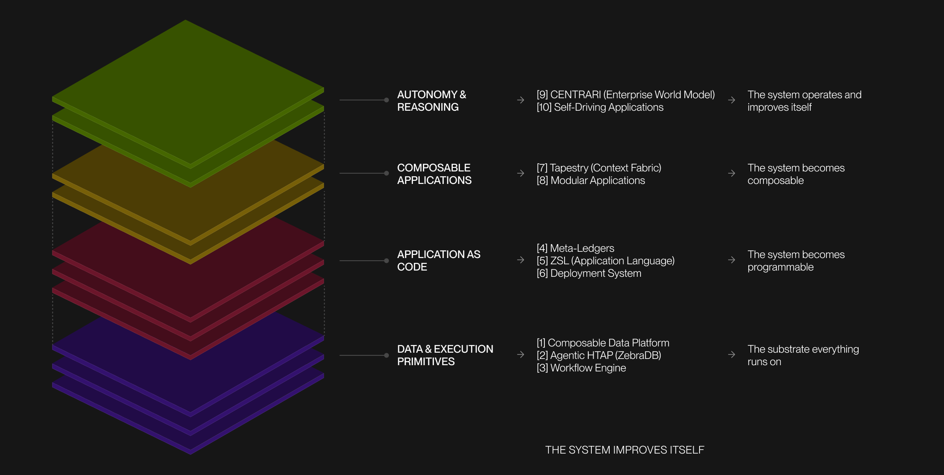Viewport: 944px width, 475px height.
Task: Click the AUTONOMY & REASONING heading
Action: coord(431,101)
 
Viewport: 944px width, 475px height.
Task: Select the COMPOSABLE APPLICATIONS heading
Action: coord(434,174)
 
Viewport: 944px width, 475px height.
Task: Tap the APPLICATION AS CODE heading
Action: coord(438,261)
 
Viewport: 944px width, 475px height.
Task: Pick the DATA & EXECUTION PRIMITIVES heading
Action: coord(445,355)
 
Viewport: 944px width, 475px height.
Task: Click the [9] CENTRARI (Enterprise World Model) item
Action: coord(625,95)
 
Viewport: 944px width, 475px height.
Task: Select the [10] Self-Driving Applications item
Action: coord(600,107)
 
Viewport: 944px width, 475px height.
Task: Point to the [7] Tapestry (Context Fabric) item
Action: coord(598,168)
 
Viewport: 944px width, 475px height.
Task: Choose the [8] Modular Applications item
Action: coord(590,180)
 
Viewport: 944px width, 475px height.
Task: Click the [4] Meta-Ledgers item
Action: coord(575,248)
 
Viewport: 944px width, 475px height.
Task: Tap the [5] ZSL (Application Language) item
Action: coord(605,261)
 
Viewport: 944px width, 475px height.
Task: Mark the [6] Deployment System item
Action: coord(589,273)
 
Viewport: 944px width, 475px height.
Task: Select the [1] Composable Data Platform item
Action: coord(603,343)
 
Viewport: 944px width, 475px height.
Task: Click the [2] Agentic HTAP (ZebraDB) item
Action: coord(598,355)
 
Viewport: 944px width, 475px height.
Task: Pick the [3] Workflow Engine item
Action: coord(581,368)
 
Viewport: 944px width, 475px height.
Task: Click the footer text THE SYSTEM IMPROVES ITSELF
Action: coord(624,450)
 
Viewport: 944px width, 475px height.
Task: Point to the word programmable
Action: coord(780,267)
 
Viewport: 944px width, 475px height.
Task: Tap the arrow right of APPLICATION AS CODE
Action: coord(521,260)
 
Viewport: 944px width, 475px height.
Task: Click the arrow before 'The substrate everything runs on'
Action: coord(732,354)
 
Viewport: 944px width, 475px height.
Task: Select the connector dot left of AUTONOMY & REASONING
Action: coord(387,100)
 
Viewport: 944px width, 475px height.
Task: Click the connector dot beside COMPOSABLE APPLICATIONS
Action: coord(387,173)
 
